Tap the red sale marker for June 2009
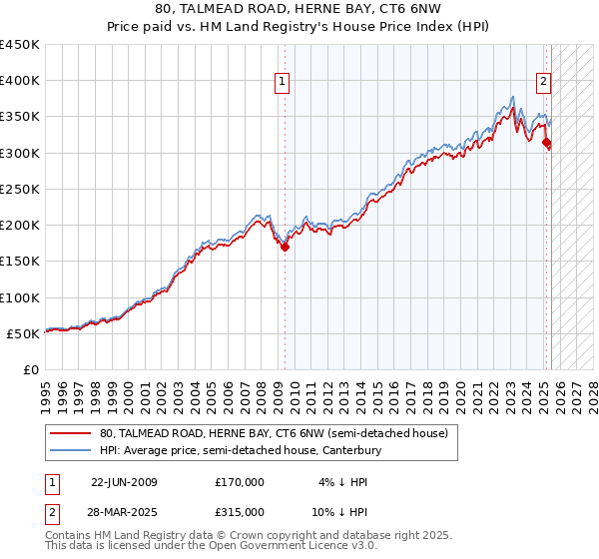point(285,247)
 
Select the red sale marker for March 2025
point(546,143)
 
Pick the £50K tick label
point(23,333)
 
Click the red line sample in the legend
point(70,433)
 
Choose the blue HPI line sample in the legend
point(70,450)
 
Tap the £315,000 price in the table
point(240,511)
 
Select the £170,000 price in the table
point(240,481)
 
